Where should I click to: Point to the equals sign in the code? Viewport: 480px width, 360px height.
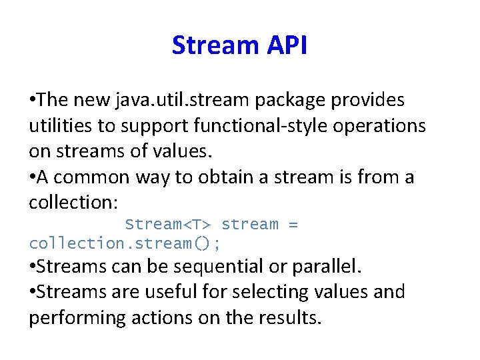coord(293,225)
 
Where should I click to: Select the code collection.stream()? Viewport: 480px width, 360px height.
coord(124,243)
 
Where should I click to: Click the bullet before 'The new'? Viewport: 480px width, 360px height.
coord(33,101)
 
